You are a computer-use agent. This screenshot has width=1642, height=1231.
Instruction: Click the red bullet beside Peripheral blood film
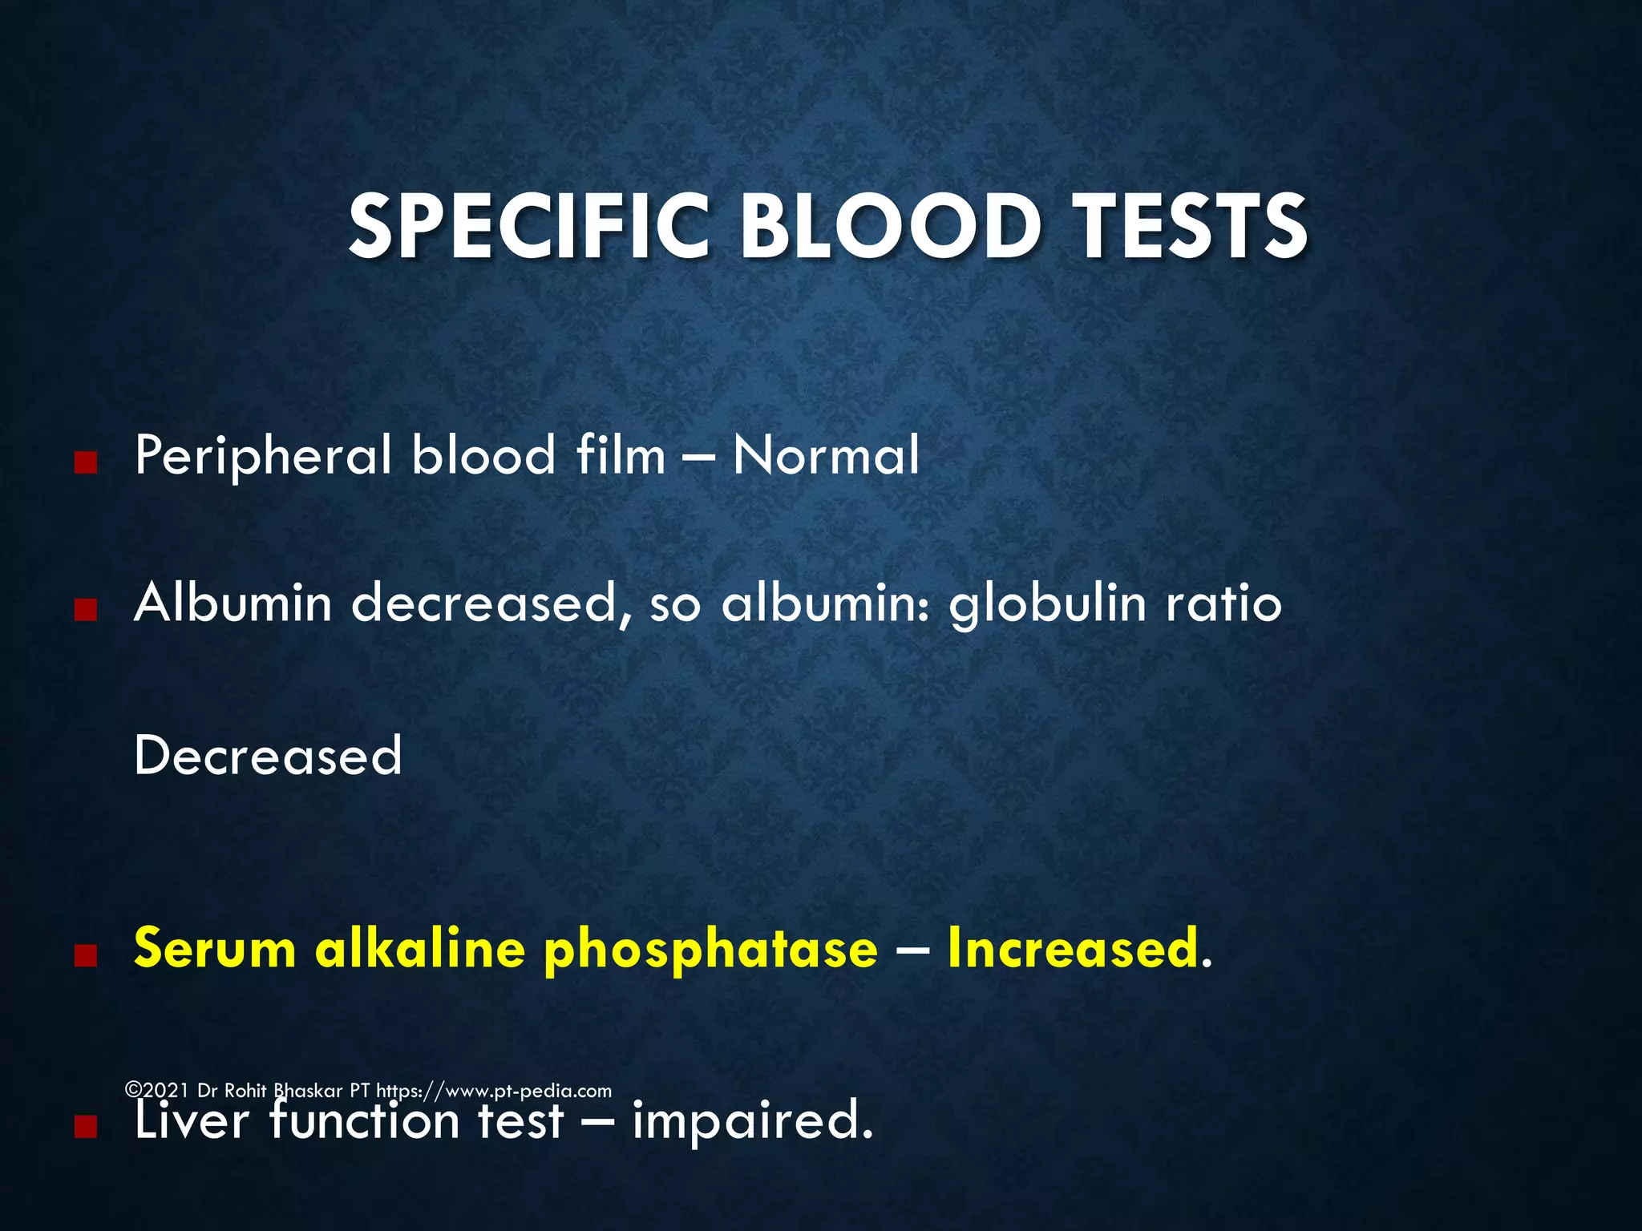tap(85, 462)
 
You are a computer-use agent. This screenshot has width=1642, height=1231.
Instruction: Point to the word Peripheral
tap(264, 455)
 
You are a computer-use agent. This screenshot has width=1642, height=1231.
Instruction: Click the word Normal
tap(826, 455)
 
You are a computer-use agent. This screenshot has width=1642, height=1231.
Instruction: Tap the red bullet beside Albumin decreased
tap(85, 611)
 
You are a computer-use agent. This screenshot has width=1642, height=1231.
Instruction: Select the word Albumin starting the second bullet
tap(233, 603)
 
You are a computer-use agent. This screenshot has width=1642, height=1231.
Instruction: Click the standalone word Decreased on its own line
tap(268, 755)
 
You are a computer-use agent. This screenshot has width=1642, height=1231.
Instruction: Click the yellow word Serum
tap(215, 948)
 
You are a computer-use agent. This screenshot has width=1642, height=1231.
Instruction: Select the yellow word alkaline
tap(420, 948)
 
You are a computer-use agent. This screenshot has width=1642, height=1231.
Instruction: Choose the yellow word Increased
tap(1074, 948)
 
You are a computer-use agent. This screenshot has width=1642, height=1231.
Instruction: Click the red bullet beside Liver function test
tap(85, 1128)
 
